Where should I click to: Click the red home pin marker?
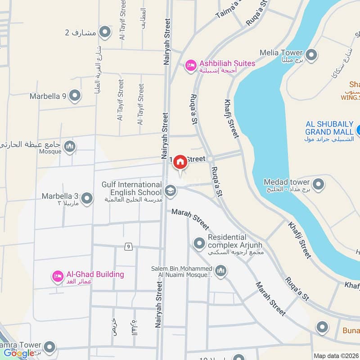tap(180, 162)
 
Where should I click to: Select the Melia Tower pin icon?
tap(311, 55)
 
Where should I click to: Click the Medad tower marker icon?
tap(318, 184)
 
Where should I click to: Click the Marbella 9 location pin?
tap(75, 96)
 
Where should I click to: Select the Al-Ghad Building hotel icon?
tap(58, 276)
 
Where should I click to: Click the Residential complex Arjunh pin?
tap(199, 244)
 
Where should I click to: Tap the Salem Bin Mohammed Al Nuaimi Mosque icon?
tap(220, 271)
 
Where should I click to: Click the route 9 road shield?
tap(129, 246)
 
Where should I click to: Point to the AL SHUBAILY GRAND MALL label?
tap(329, 128)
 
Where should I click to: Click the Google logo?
tap(19, 353)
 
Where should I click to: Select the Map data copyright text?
tap(336, 355)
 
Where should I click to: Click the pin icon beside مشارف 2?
tap(104, 32)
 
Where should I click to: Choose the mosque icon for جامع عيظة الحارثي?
tap(69, 146)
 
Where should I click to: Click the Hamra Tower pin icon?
tap(49, 347)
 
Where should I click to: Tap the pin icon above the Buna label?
tap(322, 327)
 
